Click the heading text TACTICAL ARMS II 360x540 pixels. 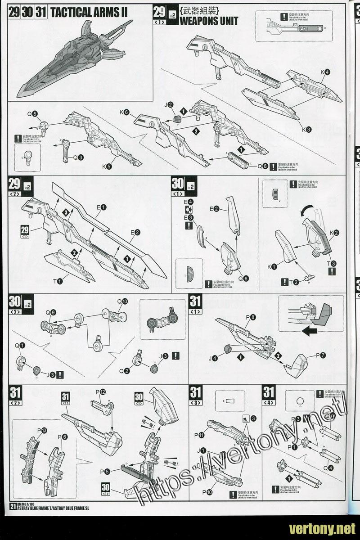coord(89,12)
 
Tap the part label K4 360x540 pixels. coord(325,72)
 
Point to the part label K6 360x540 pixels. coord(125,112)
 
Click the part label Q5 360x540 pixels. coord(32,114)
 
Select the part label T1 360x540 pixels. coord(58,281)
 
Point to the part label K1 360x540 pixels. coord(272,266)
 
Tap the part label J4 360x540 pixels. coord(214,358)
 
